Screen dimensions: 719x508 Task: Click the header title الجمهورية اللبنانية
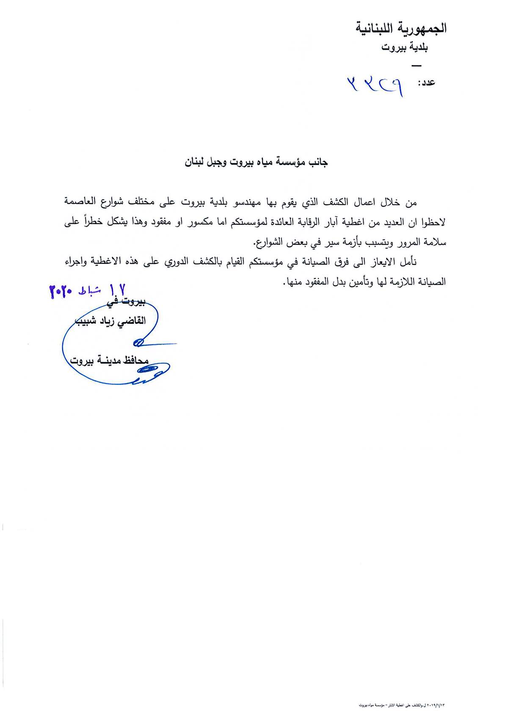tap(400, 29)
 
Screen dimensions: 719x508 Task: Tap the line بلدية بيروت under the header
tap(404, 47)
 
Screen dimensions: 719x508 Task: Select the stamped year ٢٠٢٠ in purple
tap(62, 292)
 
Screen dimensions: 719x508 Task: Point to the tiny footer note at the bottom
tap(402, 705)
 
